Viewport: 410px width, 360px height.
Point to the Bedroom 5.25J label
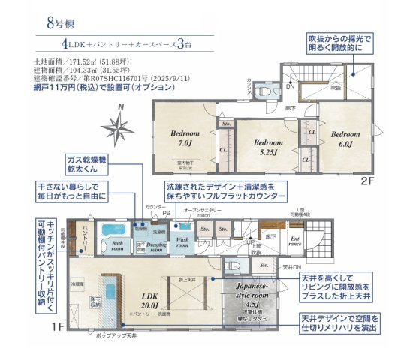(267, 146)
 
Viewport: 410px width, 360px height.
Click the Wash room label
(182, 243)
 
